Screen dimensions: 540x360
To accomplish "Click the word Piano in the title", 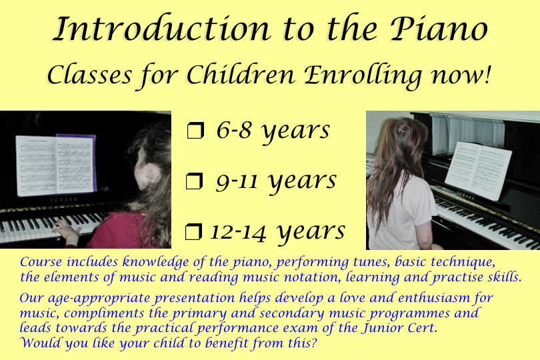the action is pyautogui.click(x=439, y=29).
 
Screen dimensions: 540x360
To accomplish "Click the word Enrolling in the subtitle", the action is pyautogui.click(x=363, y=77).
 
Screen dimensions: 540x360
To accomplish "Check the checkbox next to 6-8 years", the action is pyautogui.click(x=195, y=131).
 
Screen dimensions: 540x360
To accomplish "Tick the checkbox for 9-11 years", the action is pyautogui.click(x=194, y=181).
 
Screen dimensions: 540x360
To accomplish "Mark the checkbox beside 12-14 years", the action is pyautogui.click(x=193, y=231).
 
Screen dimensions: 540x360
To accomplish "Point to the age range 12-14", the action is pyautogui.click(x=238, y=231).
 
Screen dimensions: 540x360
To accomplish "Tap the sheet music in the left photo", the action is pyautogui.click(x=56, y=165).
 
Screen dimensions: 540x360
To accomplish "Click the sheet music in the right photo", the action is pyautogui.click(x=478, y=170).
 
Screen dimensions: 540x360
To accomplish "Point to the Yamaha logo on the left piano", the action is pyautogui.click(x=64, y=199).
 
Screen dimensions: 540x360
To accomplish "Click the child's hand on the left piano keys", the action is pyautogui.click(x=67, y=231).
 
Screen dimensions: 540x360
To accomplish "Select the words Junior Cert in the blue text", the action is pyautogui.click(x=399, y=327).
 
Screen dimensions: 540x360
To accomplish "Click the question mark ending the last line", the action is pyautogui.click(x=313, y=343).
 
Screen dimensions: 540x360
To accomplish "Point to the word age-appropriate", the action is pyautogui.click(x=99, y=299).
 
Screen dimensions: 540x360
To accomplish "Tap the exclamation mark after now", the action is pyautogui.click(x=487, y=75).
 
